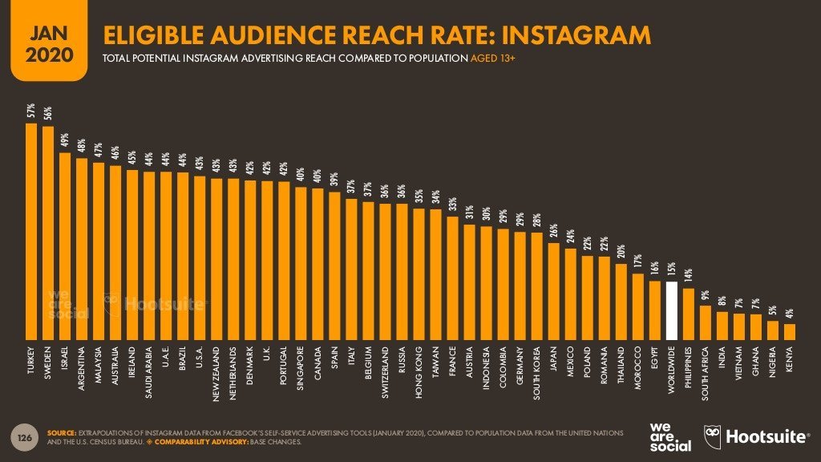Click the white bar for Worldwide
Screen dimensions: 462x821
672,310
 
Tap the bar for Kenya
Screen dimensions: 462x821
790,331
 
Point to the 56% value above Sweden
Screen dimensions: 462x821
49,115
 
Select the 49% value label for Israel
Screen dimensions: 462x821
66,141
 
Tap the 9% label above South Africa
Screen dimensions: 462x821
706,295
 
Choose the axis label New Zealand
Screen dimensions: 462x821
217,373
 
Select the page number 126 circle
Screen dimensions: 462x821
25,437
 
